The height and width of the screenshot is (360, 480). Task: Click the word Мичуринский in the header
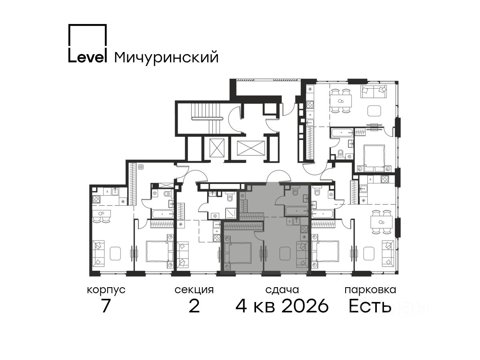166,58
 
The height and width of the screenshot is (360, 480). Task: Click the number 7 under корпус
106,306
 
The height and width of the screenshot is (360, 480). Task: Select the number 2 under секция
194,306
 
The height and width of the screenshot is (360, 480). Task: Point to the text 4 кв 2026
282,306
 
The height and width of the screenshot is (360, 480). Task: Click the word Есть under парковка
370,306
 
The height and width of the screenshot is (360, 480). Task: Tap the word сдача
282,290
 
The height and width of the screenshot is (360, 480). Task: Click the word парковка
370,290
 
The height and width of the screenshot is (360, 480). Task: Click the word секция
194,290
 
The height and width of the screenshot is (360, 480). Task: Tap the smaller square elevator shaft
217,148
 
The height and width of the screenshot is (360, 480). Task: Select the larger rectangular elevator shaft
251,148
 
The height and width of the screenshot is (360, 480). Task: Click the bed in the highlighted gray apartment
238,253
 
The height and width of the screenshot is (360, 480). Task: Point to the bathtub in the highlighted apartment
297,211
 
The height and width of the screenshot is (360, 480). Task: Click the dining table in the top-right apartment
341,101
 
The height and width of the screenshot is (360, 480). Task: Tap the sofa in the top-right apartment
374,92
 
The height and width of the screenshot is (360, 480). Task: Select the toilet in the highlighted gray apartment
295,191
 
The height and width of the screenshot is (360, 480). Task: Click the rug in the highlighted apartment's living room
285,253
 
